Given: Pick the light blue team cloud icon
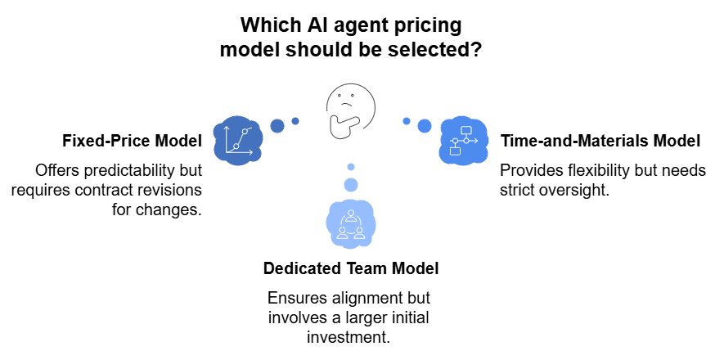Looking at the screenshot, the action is pyautogui.click(x=350, y=223).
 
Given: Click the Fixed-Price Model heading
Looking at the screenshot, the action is pyautogui.click(x=132, y=141).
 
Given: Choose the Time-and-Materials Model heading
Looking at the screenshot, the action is pyautogui.click(x=600, y=141).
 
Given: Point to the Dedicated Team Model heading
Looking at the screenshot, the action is pyautogui.click(x=351, y=268).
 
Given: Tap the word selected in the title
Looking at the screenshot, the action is pyautogui.click(x=433, y=48).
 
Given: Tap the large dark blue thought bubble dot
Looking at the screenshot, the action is pyautogui.click(x=277, y=126).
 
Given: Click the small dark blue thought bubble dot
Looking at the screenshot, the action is pyautogui.click(x=295, y=121).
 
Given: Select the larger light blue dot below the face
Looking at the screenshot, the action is pyautogui.click(x=351, y=184).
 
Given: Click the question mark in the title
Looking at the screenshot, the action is pyautogui.click(x=474, y=48).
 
